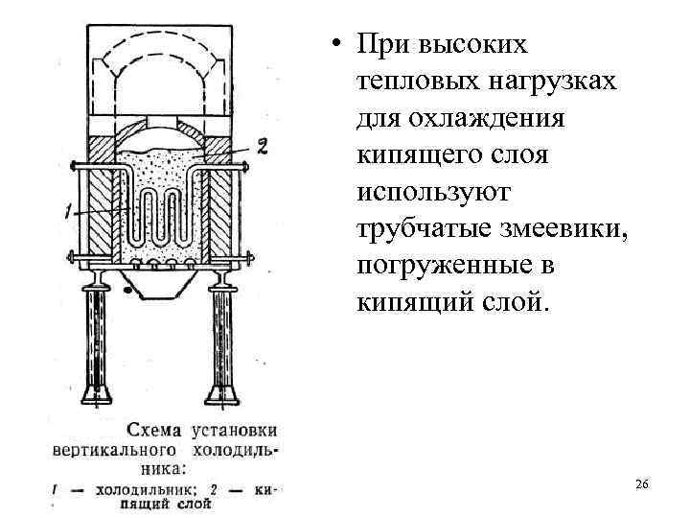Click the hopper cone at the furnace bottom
[x=158, y=284]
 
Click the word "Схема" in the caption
[x=156, y=430]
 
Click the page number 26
[x=642, y=484]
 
